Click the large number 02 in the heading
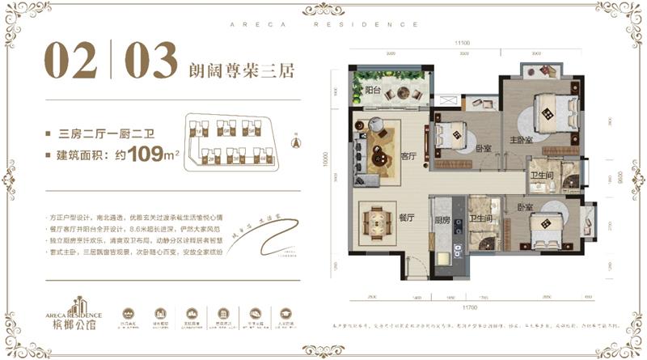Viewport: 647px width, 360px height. pyautogui.click(x=74, y=61)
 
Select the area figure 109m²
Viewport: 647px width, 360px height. pyautogui.click(x=150, y=153)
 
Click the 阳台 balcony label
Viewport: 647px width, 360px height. pyautogui.click(x=373, y=91)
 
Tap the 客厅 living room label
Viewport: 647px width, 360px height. pyautogui.click(x=408, y=159)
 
